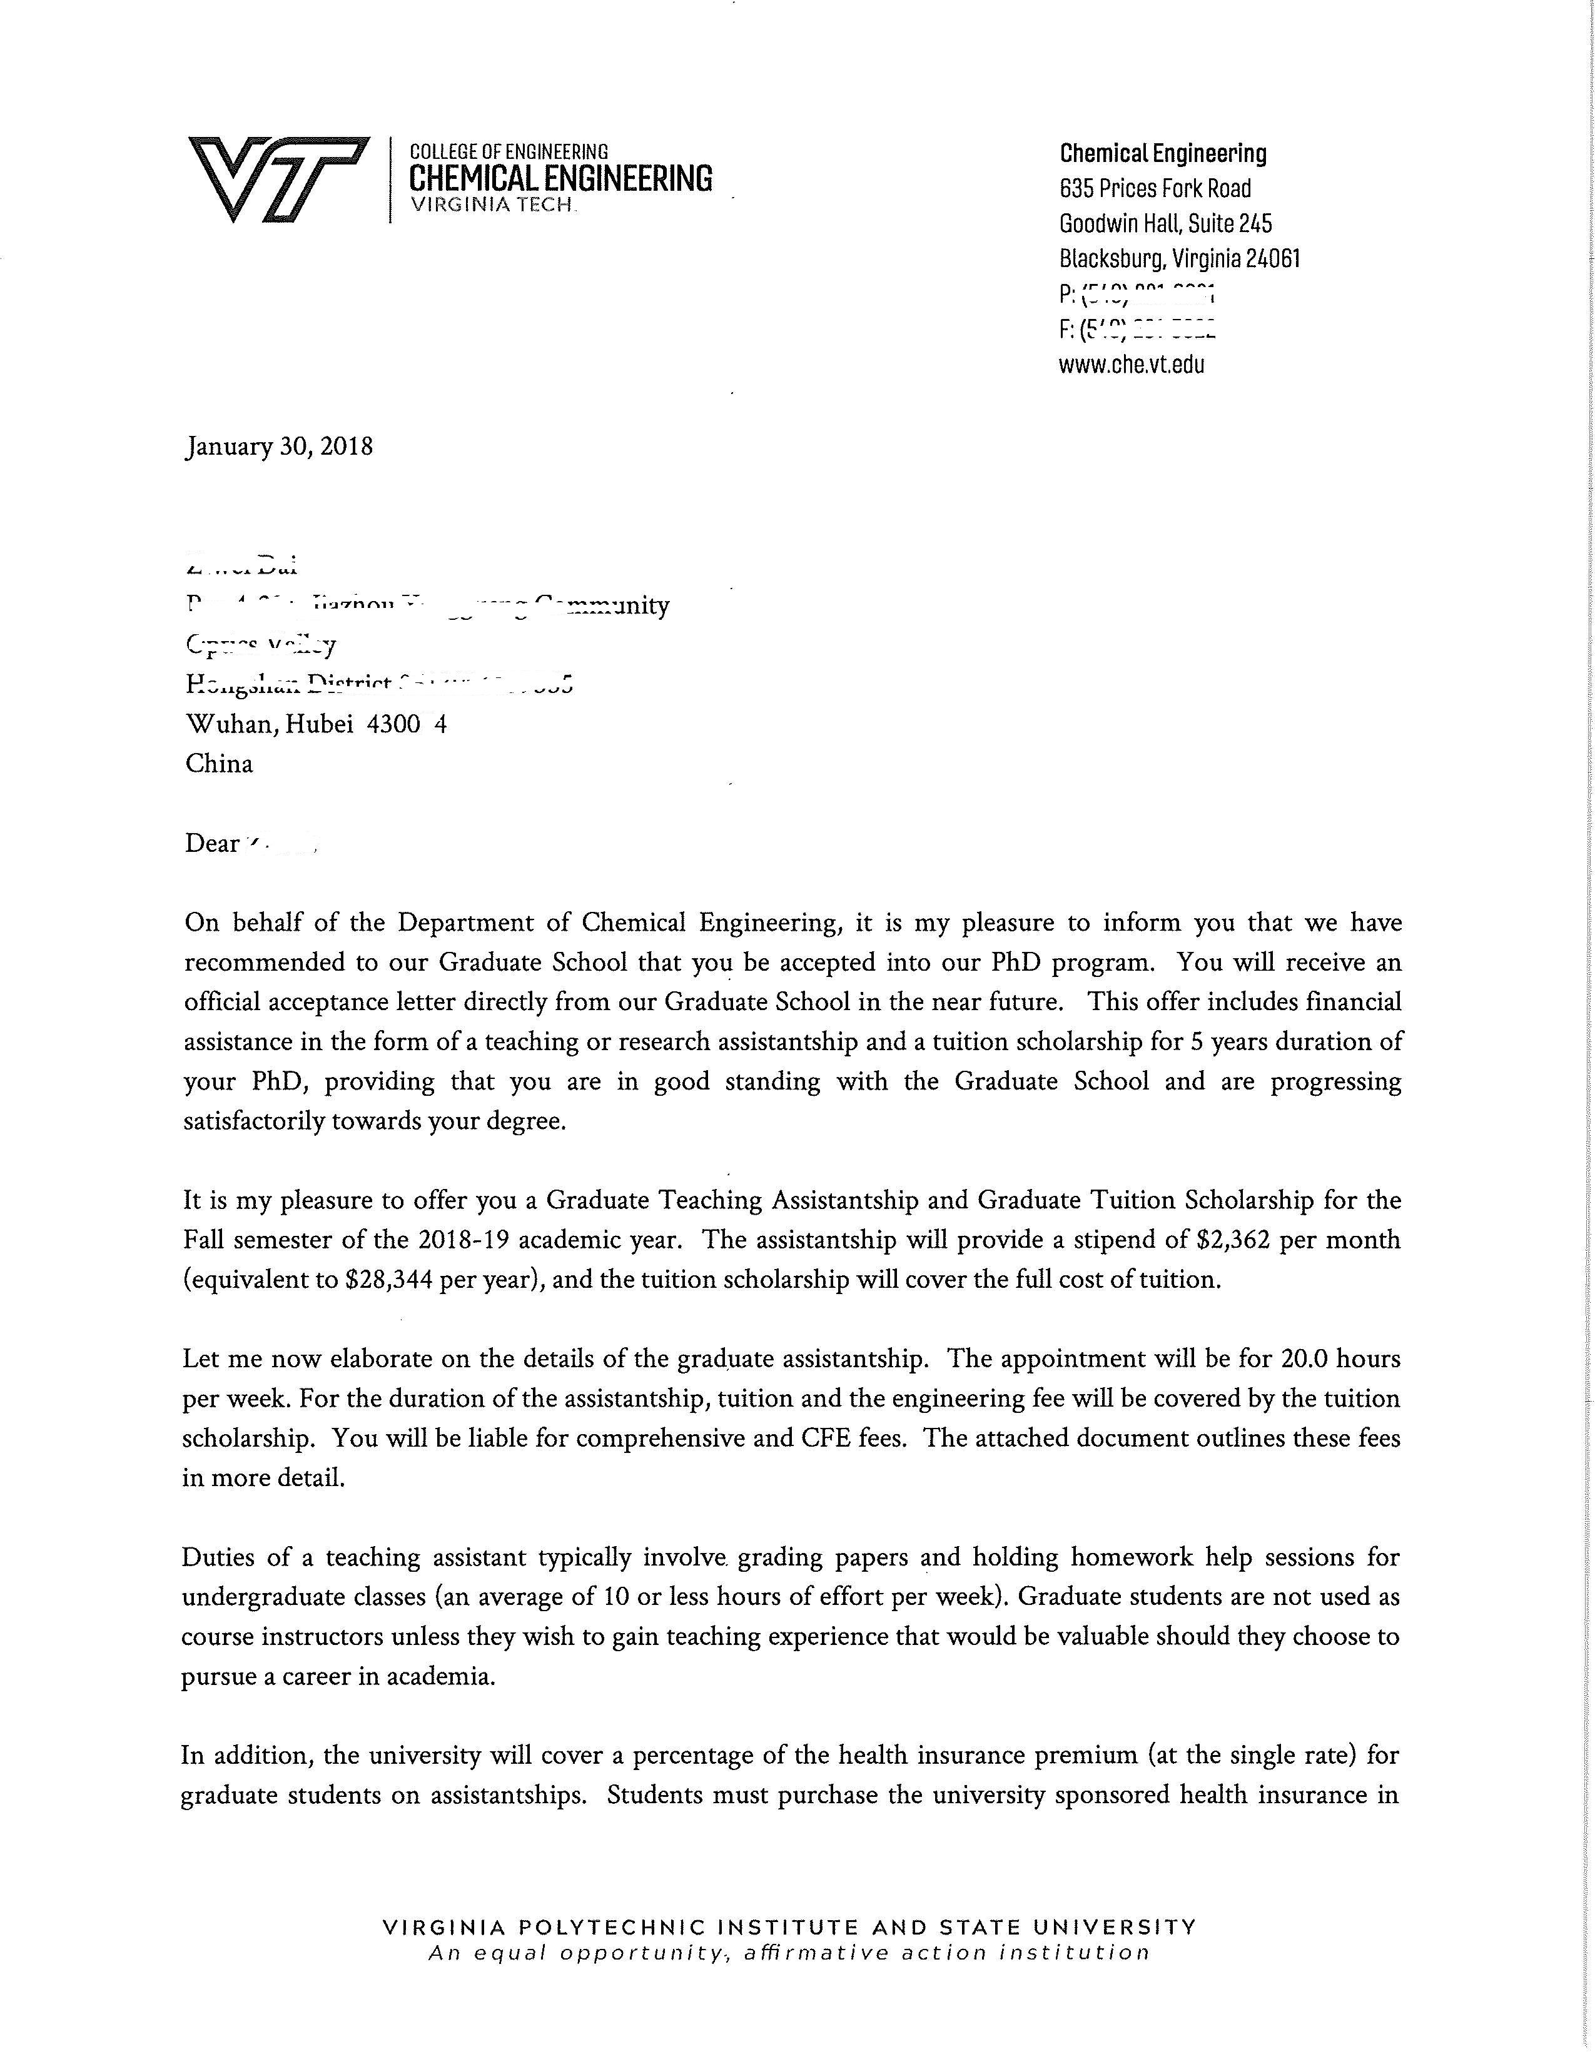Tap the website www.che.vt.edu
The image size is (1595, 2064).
[1131, 365]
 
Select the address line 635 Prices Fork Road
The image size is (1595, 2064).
[1155, 189]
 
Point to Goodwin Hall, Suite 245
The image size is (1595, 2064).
[1165, 224]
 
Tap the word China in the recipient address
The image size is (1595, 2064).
[219, 764]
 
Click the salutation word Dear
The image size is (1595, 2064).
[211, 843]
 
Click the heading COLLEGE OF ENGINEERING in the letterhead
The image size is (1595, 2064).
[509, 151]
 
